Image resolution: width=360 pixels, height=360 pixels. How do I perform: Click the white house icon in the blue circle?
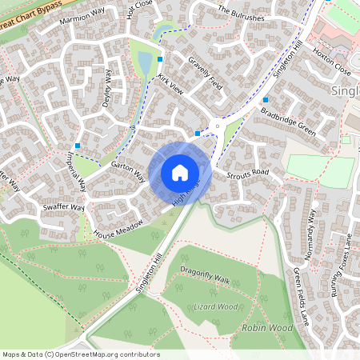point(180,172)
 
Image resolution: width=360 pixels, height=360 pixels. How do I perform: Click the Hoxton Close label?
point(332,49)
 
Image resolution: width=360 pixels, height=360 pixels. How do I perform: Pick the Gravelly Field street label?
point(204,71)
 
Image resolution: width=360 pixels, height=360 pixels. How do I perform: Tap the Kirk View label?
point(170,86)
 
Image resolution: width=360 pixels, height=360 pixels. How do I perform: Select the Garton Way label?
point(128,170)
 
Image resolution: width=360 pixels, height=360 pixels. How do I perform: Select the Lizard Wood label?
point(215,306)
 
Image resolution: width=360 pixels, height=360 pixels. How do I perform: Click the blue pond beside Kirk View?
point(144,62)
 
